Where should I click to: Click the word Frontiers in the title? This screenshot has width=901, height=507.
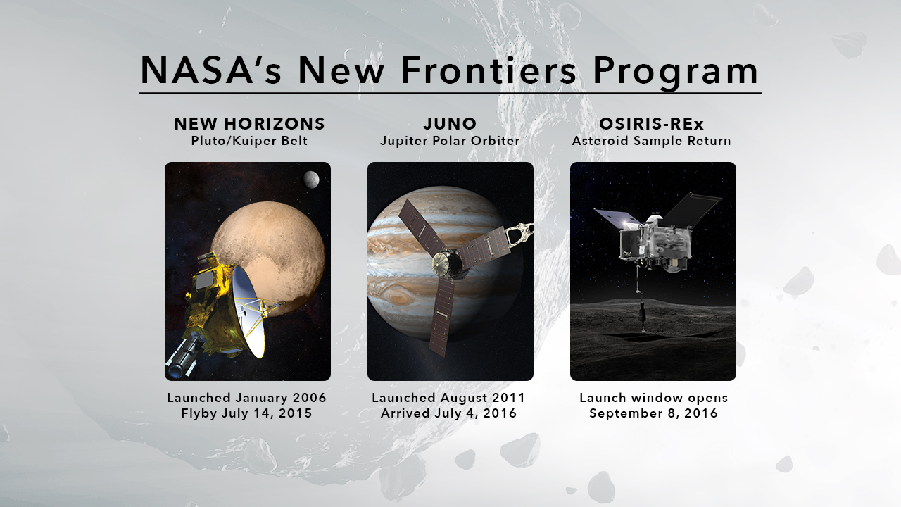point(489,70)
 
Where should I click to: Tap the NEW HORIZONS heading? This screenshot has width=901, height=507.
point(249,123)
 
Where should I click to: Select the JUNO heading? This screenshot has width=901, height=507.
point(450,123)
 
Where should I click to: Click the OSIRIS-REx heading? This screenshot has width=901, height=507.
point(652,123)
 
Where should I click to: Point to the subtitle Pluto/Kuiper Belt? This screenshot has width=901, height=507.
point(249,141)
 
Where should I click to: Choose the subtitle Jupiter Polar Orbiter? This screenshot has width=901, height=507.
point(450,141)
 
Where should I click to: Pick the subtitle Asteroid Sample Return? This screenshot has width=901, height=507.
point(652,141)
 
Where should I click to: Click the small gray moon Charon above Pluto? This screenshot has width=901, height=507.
point(311,180)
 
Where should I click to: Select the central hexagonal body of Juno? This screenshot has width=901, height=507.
point(447,263)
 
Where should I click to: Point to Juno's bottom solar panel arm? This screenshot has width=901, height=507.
point(441,318)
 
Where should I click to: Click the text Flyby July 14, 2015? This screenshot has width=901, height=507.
point(246,413)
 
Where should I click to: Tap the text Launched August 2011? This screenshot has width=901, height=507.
point(448,398)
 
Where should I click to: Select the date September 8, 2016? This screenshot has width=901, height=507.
point(654,413)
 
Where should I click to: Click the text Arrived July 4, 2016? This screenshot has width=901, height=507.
point(448,413)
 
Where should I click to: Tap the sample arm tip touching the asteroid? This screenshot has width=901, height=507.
point(643,329)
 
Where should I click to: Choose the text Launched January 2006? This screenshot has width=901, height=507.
point(246,398)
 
